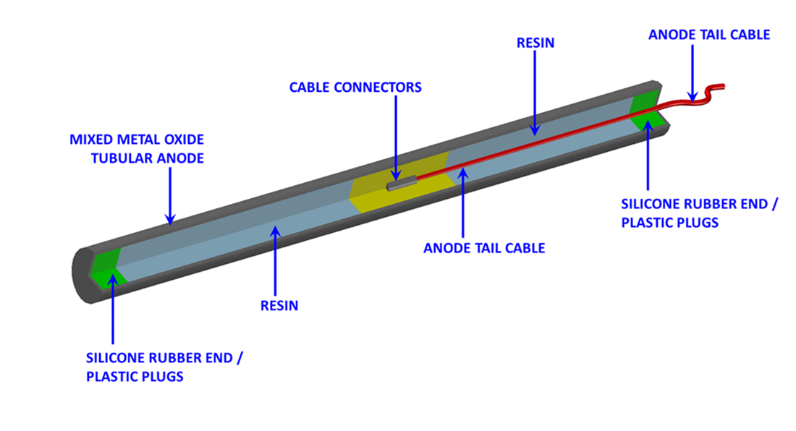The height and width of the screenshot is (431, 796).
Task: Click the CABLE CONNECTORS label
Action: tap(355, 88)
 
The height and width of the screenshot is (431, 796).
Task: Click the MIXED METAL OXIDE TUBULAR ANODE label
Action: tap(137, 148)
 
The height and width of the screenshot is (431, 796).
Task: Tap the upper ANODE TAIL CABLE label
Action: tap(709, 35)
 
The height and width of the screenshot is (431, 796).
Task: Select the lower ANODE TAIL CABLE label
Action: tap(484, 248)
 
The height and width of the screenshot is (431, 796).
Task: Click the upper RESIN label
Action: tap(535, 43)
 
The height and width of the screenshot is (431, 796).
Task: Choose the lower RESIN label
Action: tap(279, 306)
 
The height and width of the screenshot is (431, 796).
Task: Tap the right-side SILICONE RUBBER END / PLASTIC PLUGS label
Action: tap(699, 213)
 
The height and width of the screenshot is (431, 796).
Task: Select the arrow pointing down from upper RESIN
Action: tap(535, 90)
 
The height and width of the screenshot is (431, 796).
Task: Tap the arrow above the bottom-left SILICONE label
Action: tap(113, 304)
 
